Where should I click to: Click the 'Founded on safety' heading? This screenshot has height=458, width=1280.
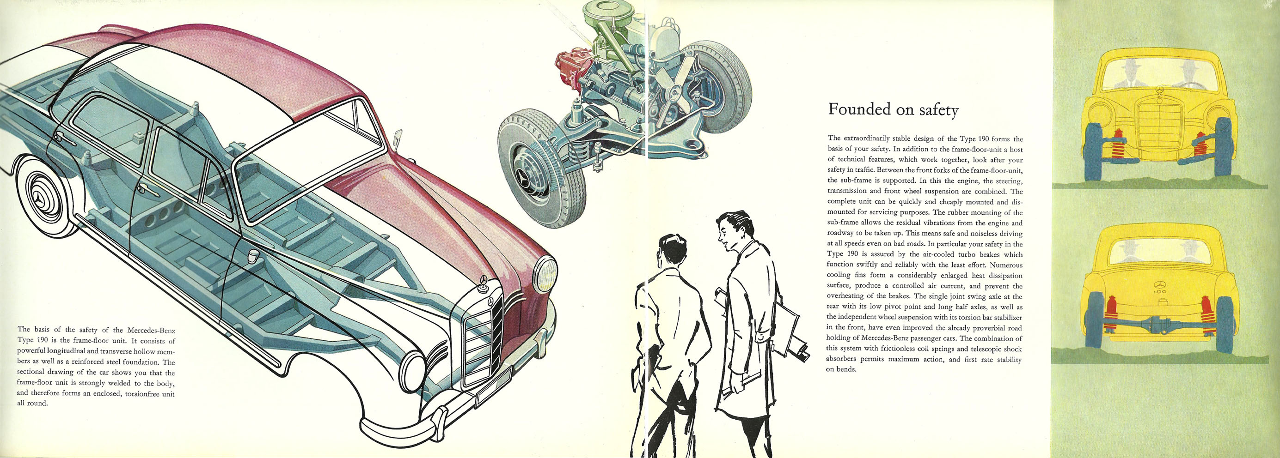(893, 110)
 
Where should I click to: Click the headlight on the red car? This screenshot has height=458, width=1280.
(545, 274)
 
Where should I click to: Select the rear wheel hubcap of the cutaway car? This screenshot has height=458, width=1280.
(45, 200)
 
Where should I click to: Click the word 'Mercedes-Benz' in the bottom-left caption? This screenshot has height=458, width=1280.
(151, 330)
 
